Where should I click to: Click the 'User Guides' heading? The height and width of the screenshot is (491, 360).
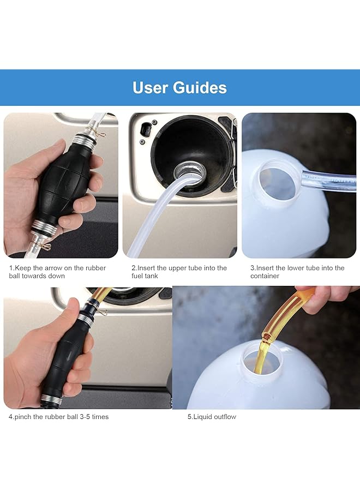tap(179, 87)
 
